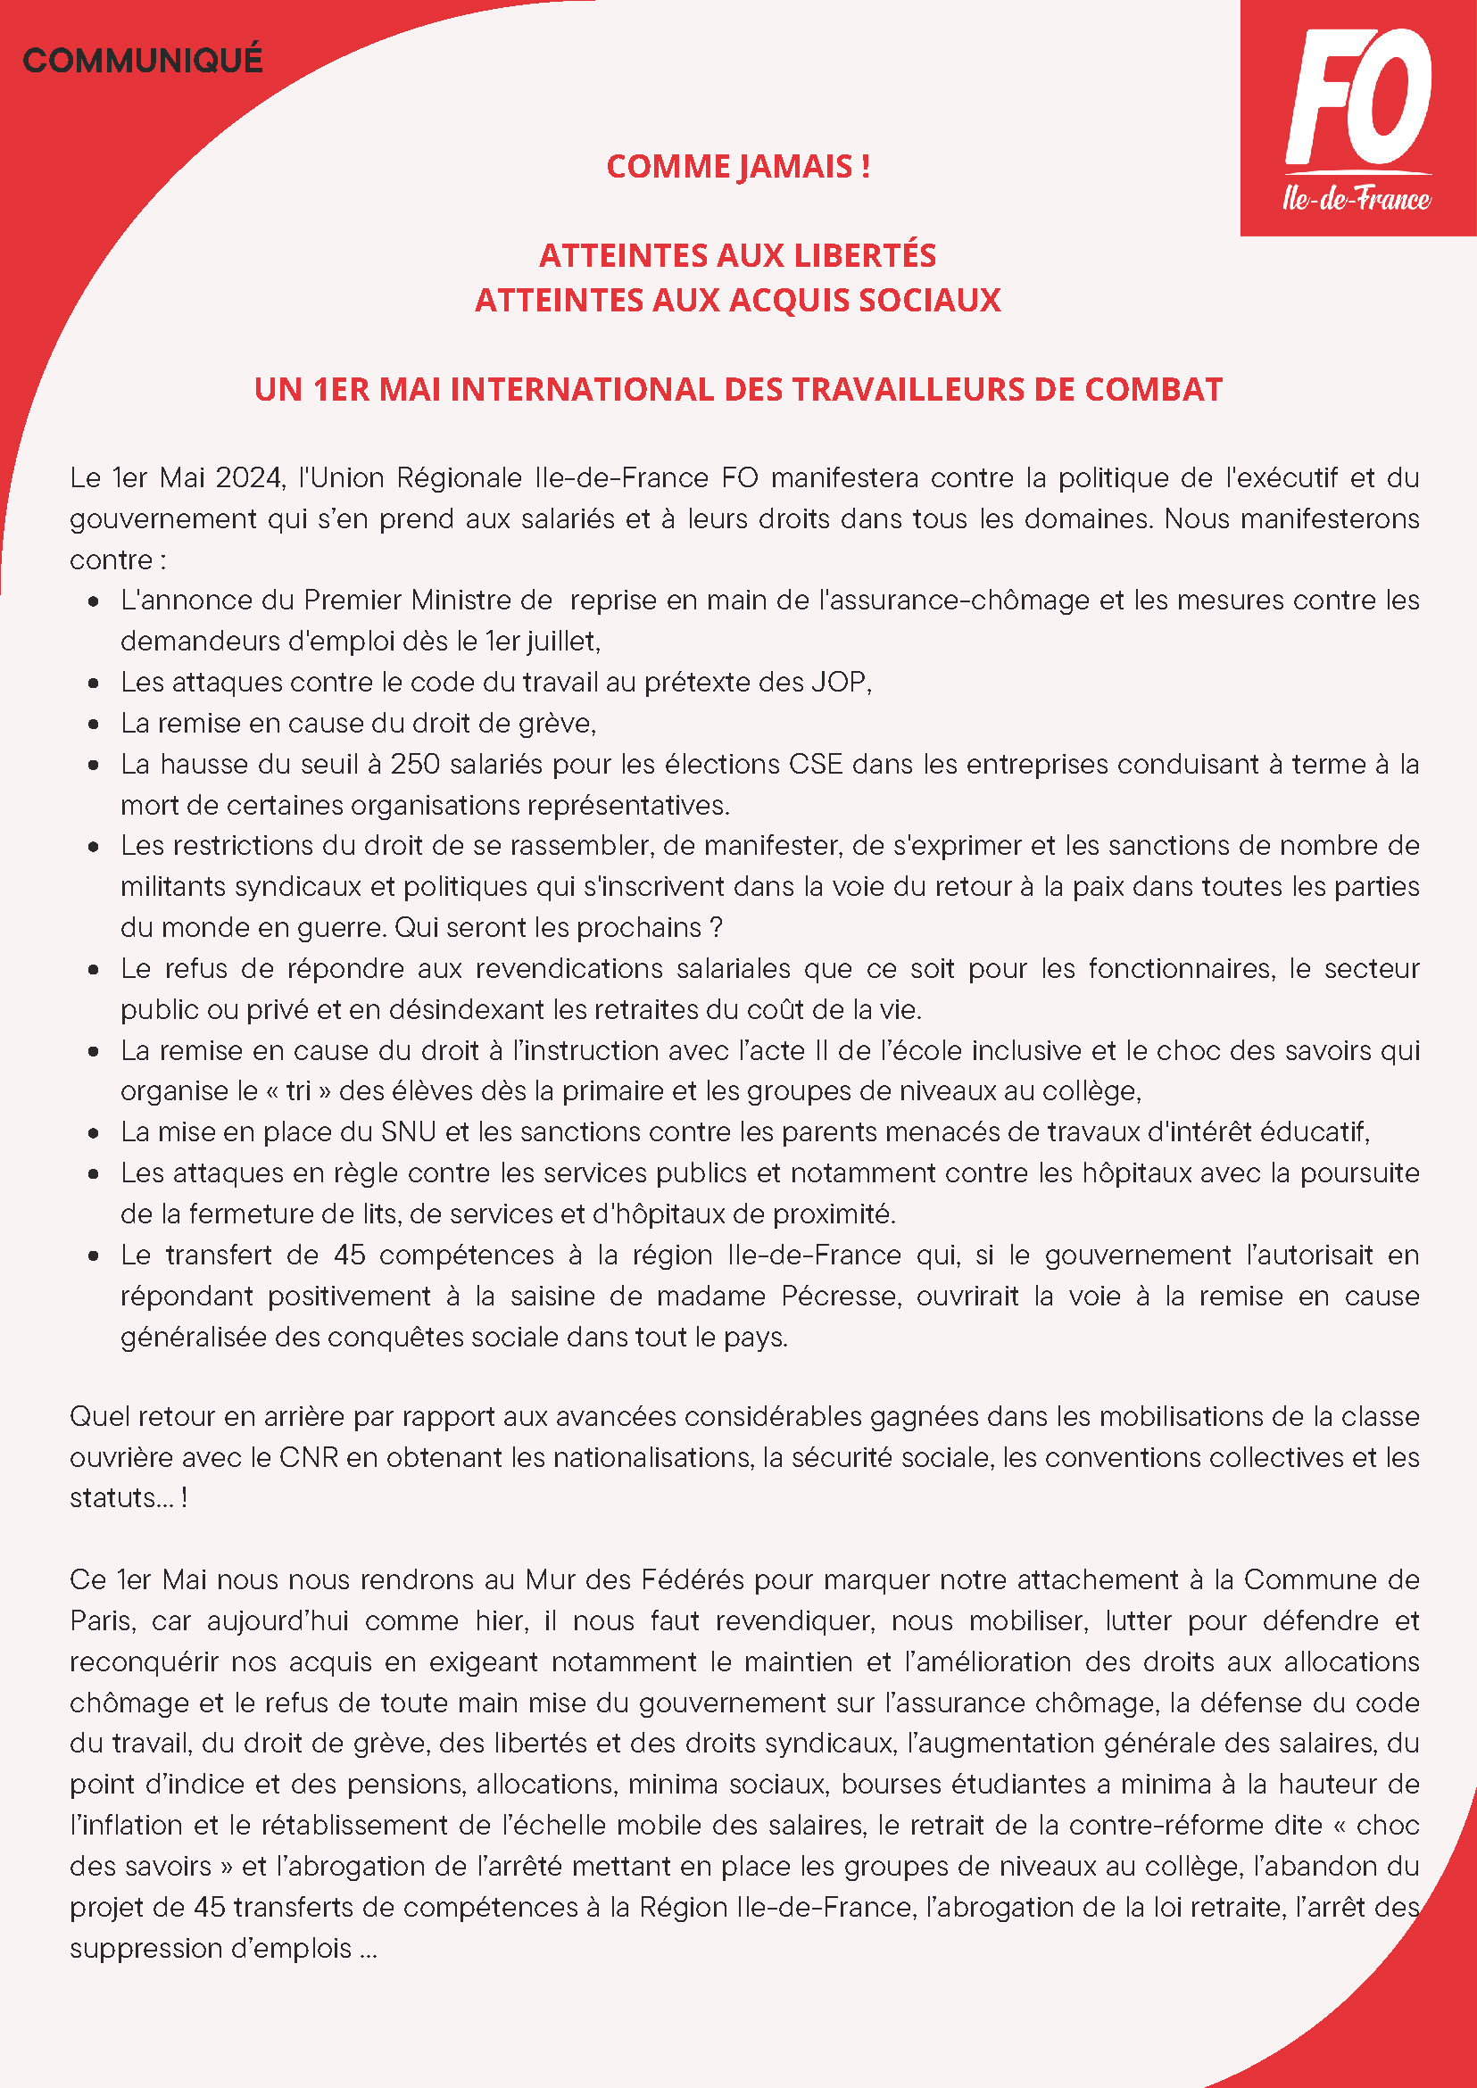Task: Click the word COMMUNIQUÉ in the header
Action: tap(143, 61)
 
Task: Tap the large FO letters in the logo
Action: tap(1359, 96)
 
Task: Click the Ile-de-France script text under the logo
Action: tap(1356, 198)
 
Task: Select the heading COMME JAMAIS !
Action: tap(737, 167)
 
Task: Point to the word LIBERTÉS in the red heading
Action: tap(865, 255)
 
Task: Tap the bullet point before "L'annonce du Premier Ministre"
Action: tap(94, 601)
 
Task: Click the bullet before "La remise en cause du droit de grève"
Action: tap(94, 724)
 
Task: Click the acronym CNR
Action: tap(308, 1457)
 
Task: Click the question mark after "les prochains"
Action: tap(716, 928)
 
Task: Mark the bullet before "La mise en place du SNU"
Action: tap(94, 1133)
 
